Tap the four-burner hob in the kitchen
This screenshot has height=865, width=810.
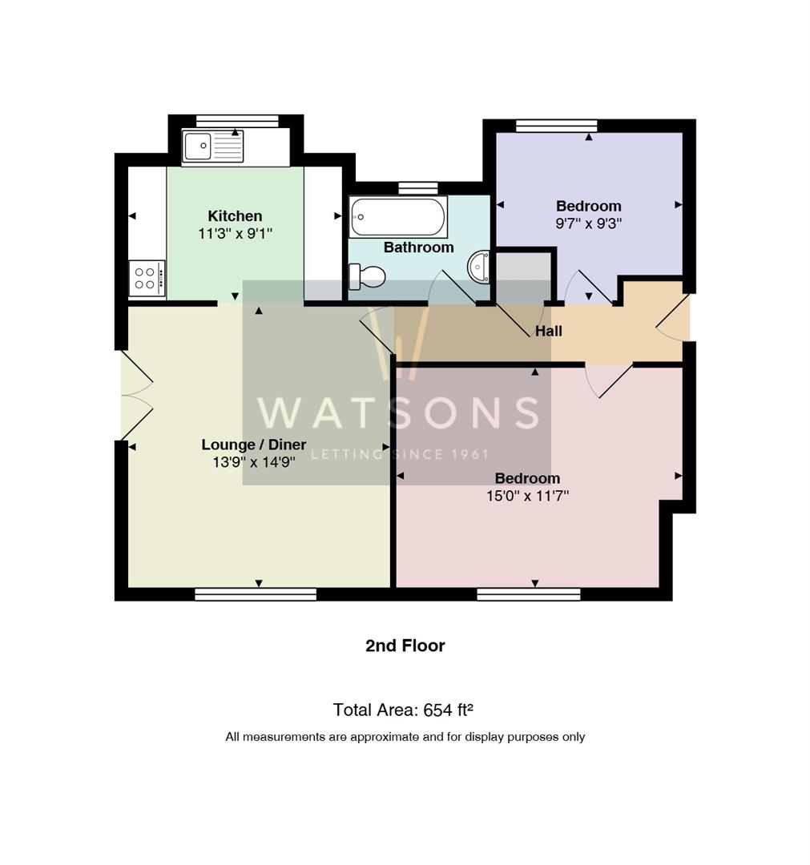147,278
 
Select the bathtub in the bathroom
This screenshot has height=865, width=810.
398,217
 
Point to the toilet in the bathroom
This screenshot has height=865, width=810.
367,276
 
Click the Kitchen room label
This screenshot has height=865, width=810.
235,215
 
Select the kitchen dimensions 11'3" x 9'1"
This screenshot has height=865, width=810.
235,234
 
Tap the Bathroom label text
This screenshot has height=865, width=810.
419,247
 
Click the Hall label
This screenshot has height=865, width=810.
549,331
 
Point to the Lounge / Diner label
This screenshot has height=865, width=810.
254,445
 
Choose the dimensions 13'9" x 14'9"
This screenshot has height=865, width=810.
254,462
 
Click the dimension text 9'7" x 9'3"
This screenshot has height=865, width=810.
589,223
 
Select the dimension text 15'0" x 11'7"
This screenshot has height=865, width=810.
527,496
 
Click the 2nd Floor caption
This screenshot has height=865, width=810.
405,646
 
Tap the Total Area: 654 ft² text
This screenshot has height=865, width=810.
403,710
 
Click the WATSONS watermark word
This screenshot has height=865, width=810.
398,412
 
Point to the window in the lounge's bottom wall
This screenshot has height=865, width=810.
256,594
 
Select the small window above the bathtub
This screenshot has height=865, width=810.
418,188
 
